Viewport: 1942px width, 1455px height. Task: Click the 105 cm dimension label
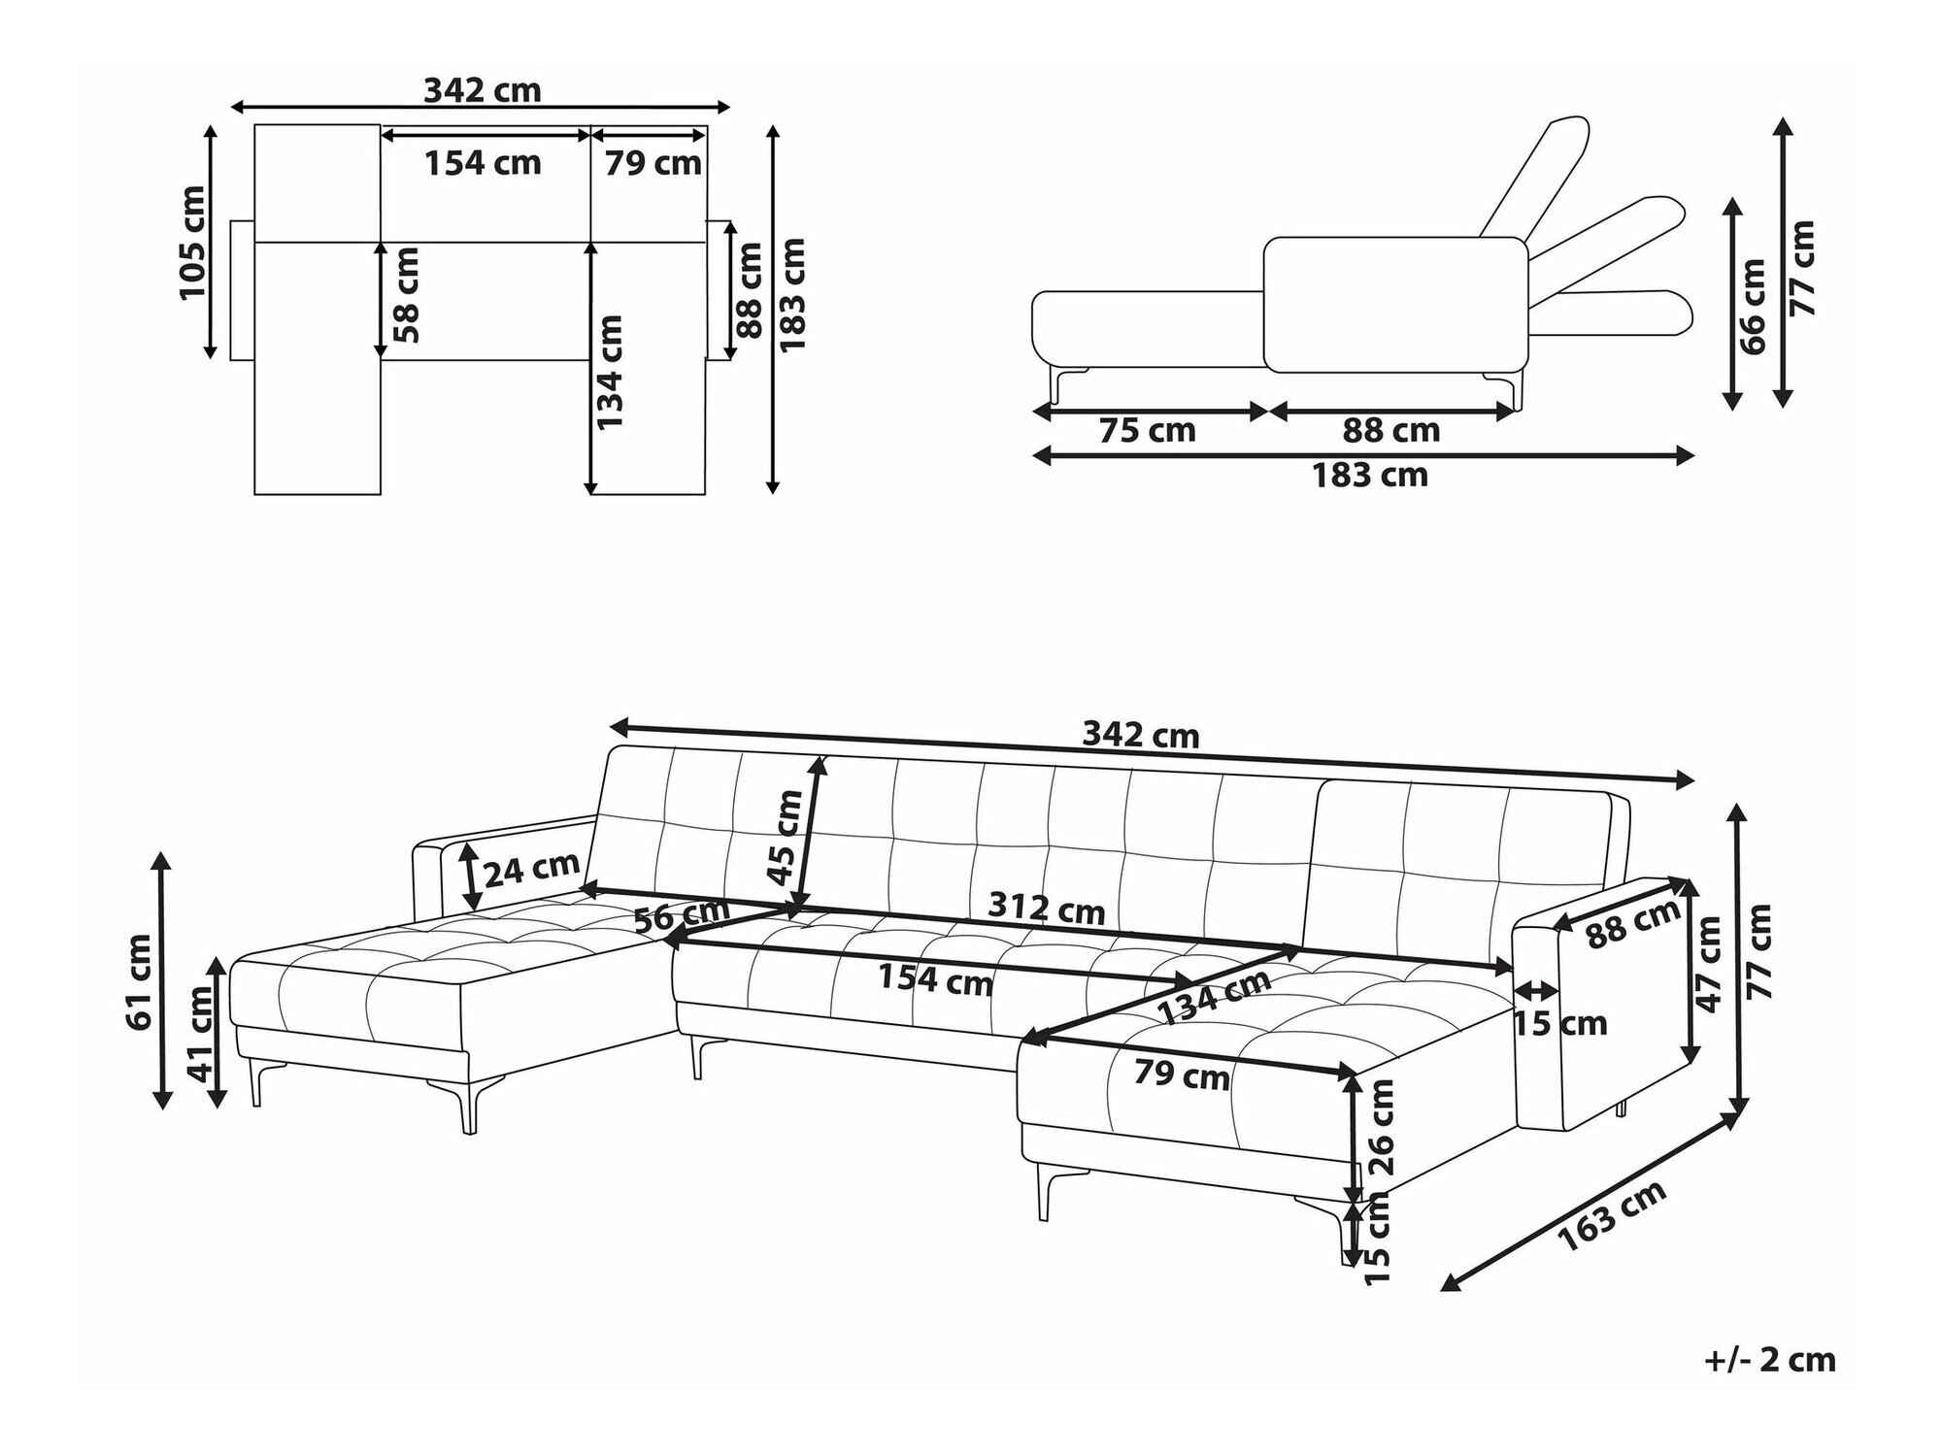[x=192, y=242]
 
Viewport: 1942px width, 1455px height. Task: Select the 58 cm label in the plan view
[x=407, y=295]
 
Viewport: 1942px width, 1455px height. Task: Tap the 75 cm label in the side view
[x=1147, y=430]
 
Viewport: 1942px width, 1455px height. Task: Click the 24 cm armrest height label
[x=531, y=870]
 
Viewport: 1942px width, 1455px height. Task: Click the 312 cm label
[x=1046, y=909]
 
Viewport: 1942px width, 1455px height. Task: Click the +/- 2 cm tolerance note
[x=1769, y=1360]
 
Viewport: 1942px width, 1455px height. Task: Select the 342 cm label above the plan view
[x=482, y=89]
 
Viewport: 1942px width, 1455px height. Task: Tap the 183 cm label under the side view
[x=1370, y=475]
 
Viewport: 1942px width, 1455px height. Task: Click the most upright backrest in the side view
[x=1535, y=179]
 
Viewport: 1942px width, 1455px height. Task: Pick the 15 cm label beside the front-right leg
[x=1377, y=1240]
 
